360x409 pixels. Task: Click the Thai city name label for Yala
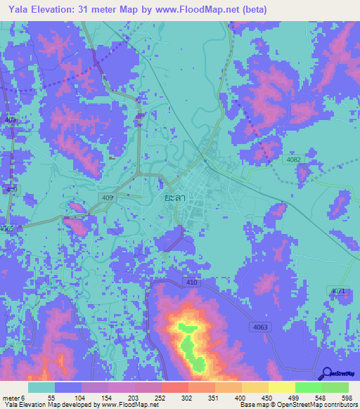173,199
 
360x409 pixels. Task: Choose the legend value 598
346,397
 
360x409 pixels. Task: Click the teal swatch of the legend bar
41,387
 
